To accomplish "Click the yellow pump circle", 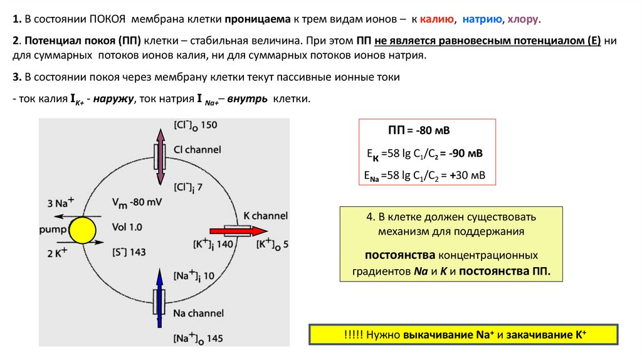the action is [x=82, y=230].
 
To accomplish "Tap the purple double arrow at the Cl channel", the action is [x=161, y=154].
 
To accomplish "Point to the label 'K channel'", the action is [x=265, y=216].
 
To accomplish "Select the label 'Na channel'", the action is [x=197, y=312].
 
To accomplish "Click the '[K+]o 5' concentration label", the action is [x=272, y=243].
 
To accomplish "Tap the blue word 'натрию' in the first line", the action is [x=482, y=19].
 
